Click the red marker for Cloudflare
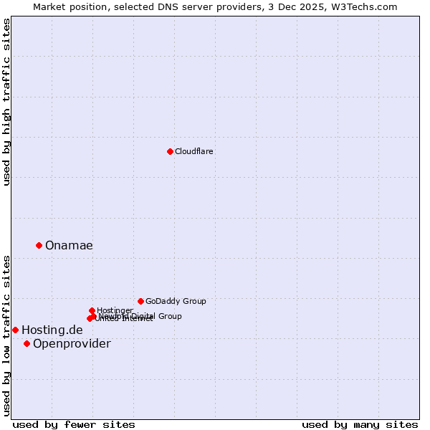170,151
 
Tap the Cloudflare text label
194,151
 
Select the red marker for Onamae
39,245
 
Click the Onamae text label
69,245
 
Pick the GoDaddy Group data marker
140,301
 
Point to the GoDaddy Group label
176,301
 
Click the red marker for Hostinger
92,310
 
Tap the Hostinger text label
115,310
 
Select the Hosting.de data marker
15,330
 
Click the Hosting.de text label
52,330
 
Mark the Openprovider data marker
27,343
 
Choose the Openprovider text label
72,343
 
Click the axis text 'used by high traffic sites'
6,102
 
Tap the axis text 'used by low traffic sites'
6,335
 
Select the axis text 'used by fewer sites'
74,424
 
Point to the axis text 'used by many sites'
360,424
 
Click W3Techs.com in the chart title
367,6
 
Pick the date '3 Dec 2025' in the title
304,6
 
